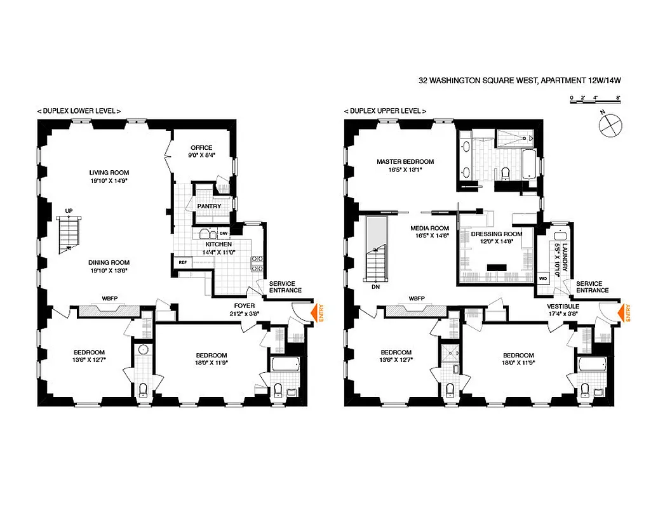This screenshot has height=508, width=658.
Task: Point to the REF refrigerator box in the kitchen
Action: point(182,262)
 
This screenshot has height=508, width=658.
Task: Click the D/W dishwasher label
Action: point(224,233)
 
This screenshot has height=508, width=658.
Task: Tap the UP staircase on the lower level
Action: point(67,234)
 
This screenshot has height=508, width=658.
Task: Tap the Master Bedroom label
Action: point(405,162)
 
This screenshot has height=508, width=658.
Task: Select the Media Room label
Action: point(430,229)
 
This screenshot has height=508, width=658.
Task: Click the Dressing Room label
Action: point(496,234)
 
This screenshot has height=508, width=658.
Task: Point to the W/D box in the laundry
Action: point(542,278)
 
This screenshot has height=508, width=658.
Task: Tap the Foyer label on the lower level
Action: point(245,306)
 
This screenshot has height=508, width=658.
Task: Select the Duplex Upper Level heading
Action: point(385,110)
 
